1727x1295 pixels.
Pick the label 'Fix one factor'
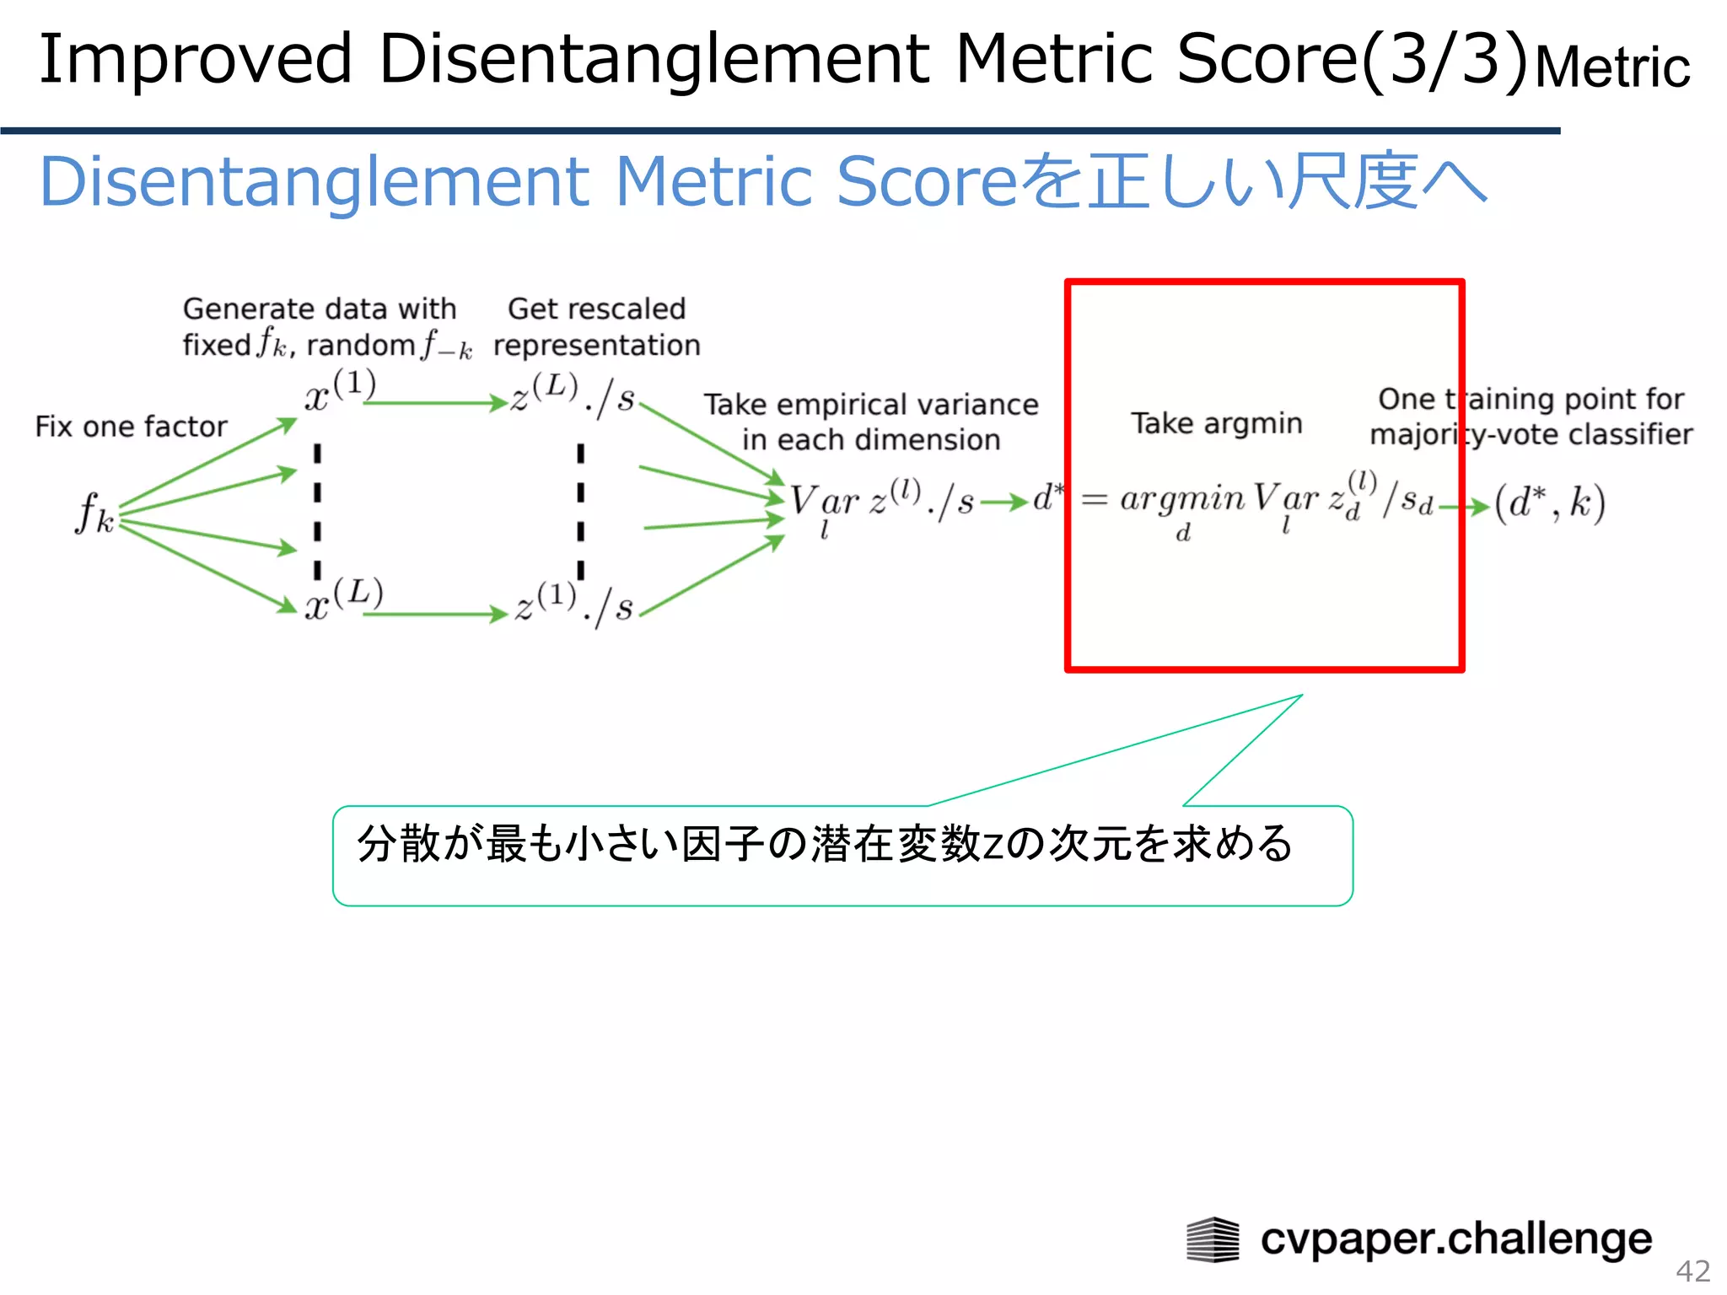(131, 427)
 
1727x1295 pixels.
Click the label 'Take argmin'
(1216, 423)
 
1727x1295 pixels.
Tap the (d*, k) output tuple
(1549, 504)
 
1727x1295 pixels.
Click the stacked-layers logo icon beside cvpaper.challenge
(1213, 1239)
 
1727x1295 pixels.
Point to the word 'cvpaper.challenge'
(1455, 1239)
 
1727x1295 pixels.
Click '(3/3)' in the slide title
(1445, 59)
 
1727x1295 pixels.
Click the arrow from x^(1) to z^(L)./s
(435, 404)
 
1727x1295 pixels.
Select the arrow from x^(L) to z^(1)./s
(435, 615)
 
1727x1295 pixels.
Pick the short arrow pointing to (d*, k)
(1464, 508)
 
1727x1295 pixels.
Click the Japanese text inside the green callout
(825, 844)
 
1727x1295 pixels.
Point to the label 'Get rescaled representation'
(596, 327)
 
